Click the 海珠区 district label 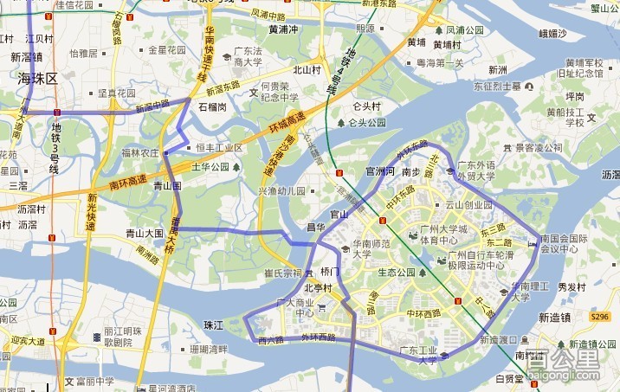[37, 78]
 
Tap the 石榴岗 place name [212, 107]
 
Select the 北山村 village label [307, 70]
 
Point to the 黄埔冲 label [283, 29]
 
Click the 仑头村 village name [366, 106]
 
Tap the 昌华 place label [315, 227]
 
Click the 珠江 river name [213, 324]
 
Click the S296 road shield [599, 318]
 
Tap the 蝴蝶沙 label [552, 34]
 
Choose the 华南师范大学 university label [373, 249]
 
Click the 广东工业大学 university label [420, 355]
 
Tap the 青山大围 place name [145, 233]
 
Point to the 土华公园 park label [210, 166]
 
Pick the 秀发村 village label [572, 286]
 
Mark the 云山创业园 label [468, 205]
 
